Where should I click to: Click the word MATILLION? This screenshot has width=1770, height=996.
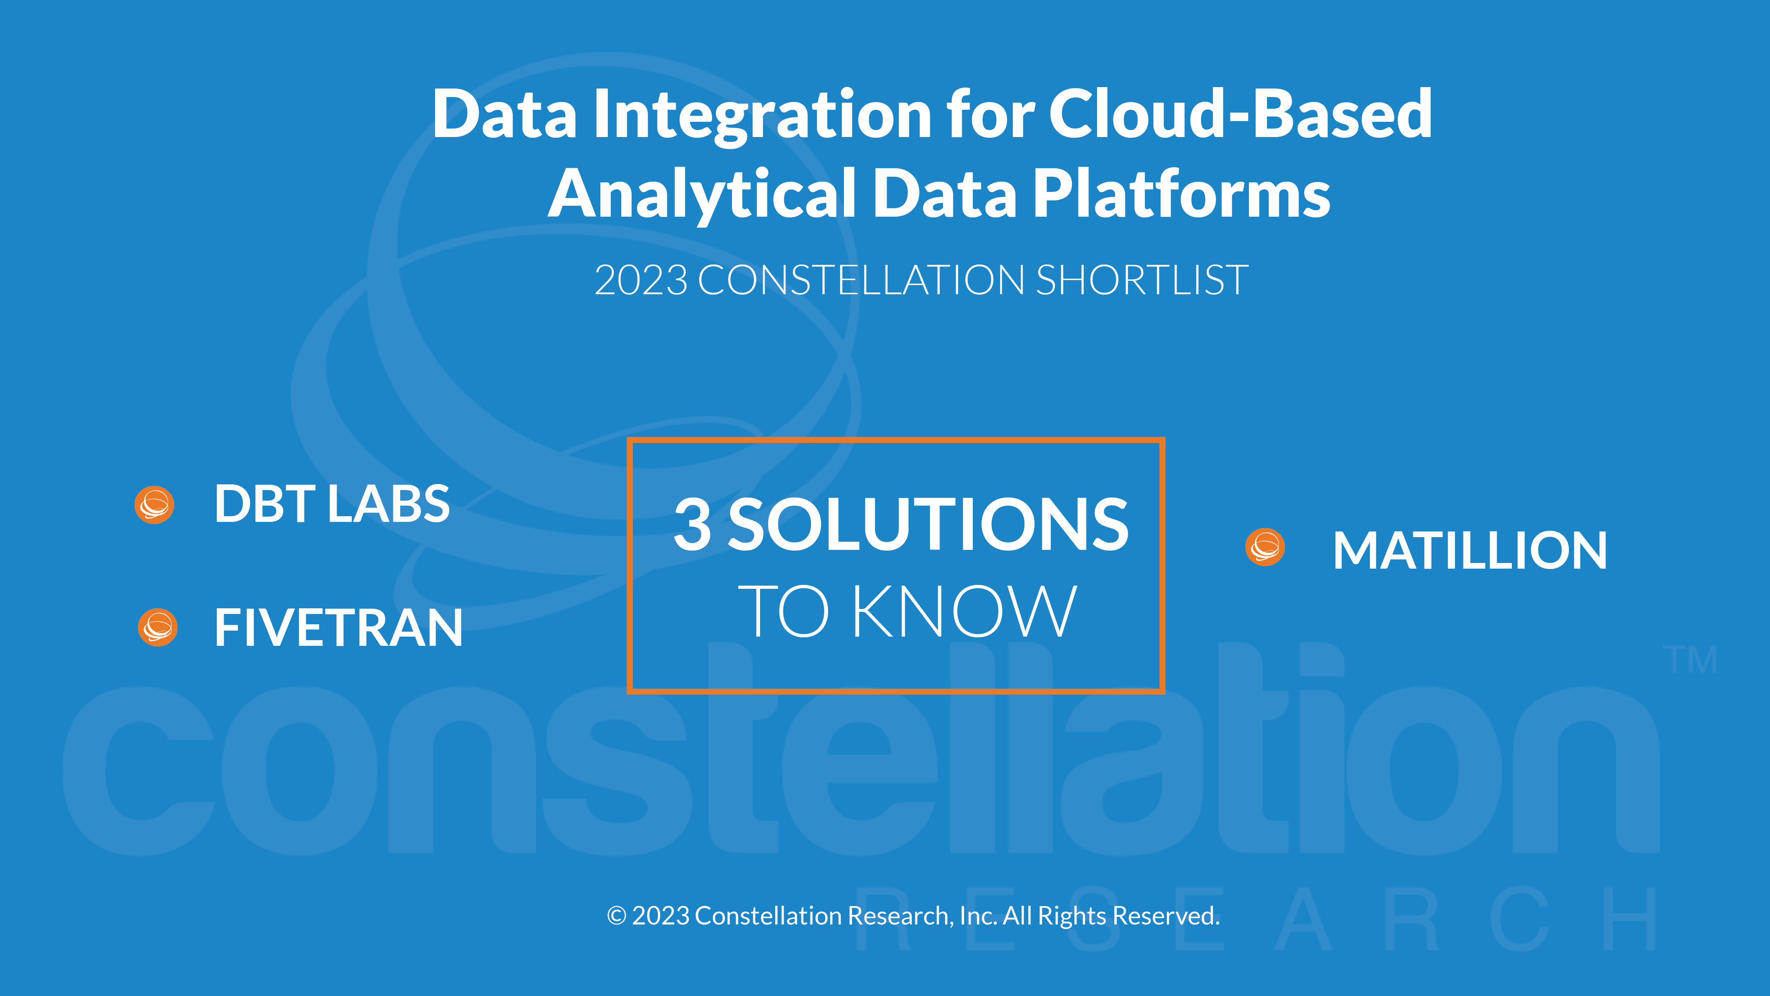pyautogui.click(x=1470, y=551)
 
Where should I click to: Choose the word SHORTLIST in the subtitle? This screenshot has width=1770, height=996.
pyautogui.click(x=1142, y=280)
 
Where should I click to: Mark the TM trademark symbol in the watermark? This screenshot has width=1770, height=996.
pyautogui.click(x=1690, y=660)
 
